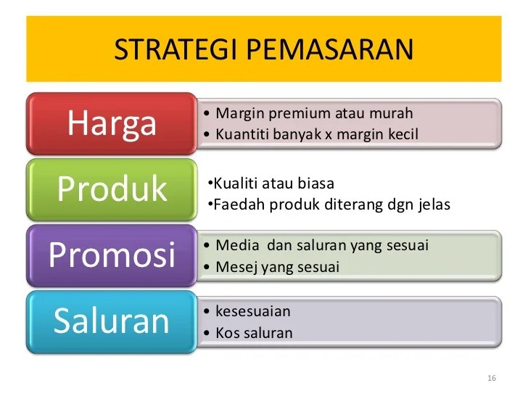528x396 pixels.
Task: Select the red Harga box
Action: [112, 123]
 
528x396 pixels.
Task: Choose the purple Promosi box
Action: [112, 255]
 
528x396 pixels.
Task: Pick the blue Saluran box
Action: [112, 321]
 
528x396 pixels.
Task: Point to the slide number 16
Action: [492, 379]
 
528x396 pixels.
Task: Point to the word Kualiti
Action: [232, 183]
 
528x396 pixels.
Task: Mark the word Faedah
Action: [234, 205]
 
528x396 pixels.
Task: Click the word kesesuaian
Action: [253, 311]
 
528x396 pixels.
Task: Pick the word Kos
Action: [227, 333]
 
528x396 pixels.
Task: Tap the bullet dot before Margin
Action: [208, 114]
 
